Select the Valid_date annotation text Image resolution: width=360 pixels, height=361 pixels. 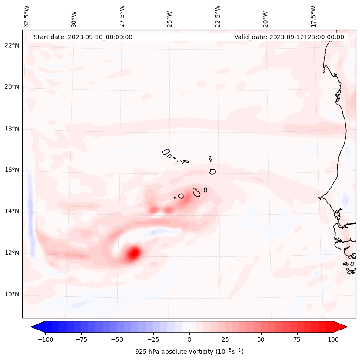289,37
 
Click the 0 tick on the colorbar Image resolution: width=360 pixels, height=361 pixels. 189,339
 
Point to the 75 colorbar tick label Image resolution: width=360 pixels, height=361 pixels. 297,339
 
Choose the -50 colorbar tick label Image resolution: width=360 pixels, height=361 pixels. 117,339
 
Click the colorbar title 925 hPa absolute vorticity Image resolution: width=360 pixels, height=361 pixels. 189,352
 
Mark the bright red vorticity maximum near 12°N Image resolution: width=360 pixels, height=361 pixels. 134,253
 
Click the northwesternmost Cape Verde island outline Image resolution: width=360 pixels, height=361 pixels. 166,152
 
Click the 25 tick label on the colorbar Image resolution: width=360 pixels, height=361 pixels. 225,339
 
